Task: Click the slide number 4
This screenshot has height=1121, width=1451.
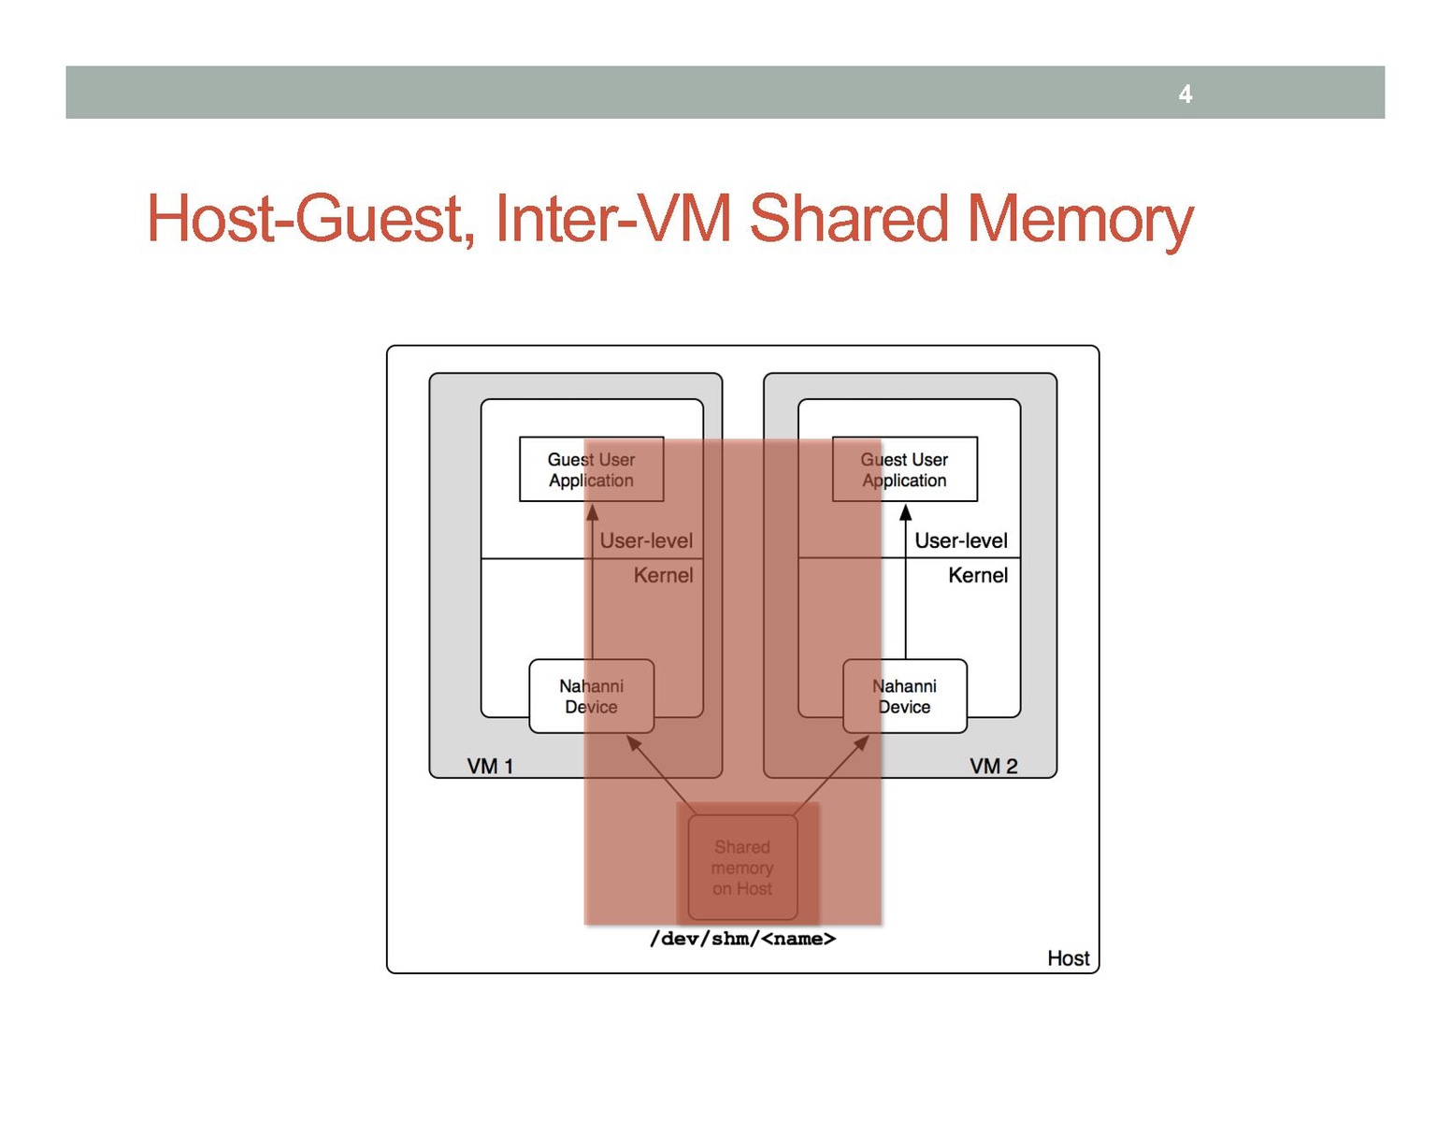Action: [1185, 93]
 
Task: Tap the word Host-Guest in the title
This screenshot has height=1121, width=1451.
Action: [305, 219]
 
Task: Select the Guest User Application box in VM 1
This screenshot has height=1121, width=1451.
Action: [591, 469]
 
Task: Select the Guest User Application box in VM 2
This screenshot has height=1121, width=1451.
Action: [904, 469]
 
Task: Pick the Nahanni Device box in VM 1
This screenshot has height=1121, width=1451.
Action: [591, 697]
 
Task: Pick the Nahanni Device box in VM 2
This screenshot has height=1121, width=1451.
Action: [904, 697]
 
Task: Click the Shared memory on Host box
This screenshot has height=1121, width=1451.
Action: [742, 868]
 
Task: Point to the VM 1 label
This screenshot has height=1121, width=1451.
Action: [490, 767]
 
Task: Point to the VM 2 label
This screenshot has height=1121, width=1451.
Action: [993, 767]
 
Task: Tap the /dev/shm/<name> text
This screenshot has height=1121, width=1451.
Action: [742, 939]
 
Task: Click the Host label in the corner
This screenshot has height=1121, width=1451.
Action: [1068, 958]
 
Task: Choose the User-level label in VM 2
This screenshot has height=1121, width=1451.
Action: [960, 540]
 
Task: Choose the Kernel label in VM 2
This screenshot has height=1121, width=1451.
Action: [977, 575]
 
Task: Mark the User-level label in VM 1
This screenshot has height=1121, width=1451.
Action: [646, 540]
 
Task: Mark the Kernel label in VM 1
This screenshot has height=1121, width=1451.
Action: [663, 575]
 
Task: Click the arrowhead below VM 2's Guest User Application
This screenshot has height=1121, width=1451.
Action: [905, 512]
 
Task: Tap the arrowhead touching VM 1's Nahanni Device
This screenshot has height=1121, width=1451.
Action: [633, 743]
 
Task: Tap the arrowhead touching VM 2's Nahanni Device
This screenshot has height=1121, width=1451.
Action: [862, 743]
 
